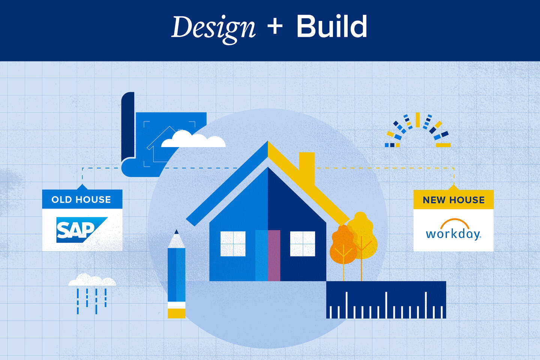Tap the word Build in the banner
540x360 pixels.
[x=331, y=27]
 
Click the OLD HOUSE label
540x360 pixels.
[x=81, y=199]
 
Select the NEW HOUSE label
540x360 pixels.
[x=453, y=200]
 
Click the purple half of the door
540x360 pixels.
[x=274, y=255]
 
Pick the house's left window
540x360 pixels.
[x=233, y=244]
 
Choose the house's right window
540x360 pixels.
[x=302, y=244]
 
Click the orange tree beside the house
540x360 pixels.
[x=343, y=246]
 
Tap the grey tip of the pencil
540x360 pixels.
[x=176, y=240]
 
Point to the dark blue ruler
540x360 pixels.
[x=386, y=300]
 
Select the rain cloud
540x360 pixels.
[x=92, y=280]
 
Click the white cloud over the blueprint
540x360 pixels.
[x=193, y=139]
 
